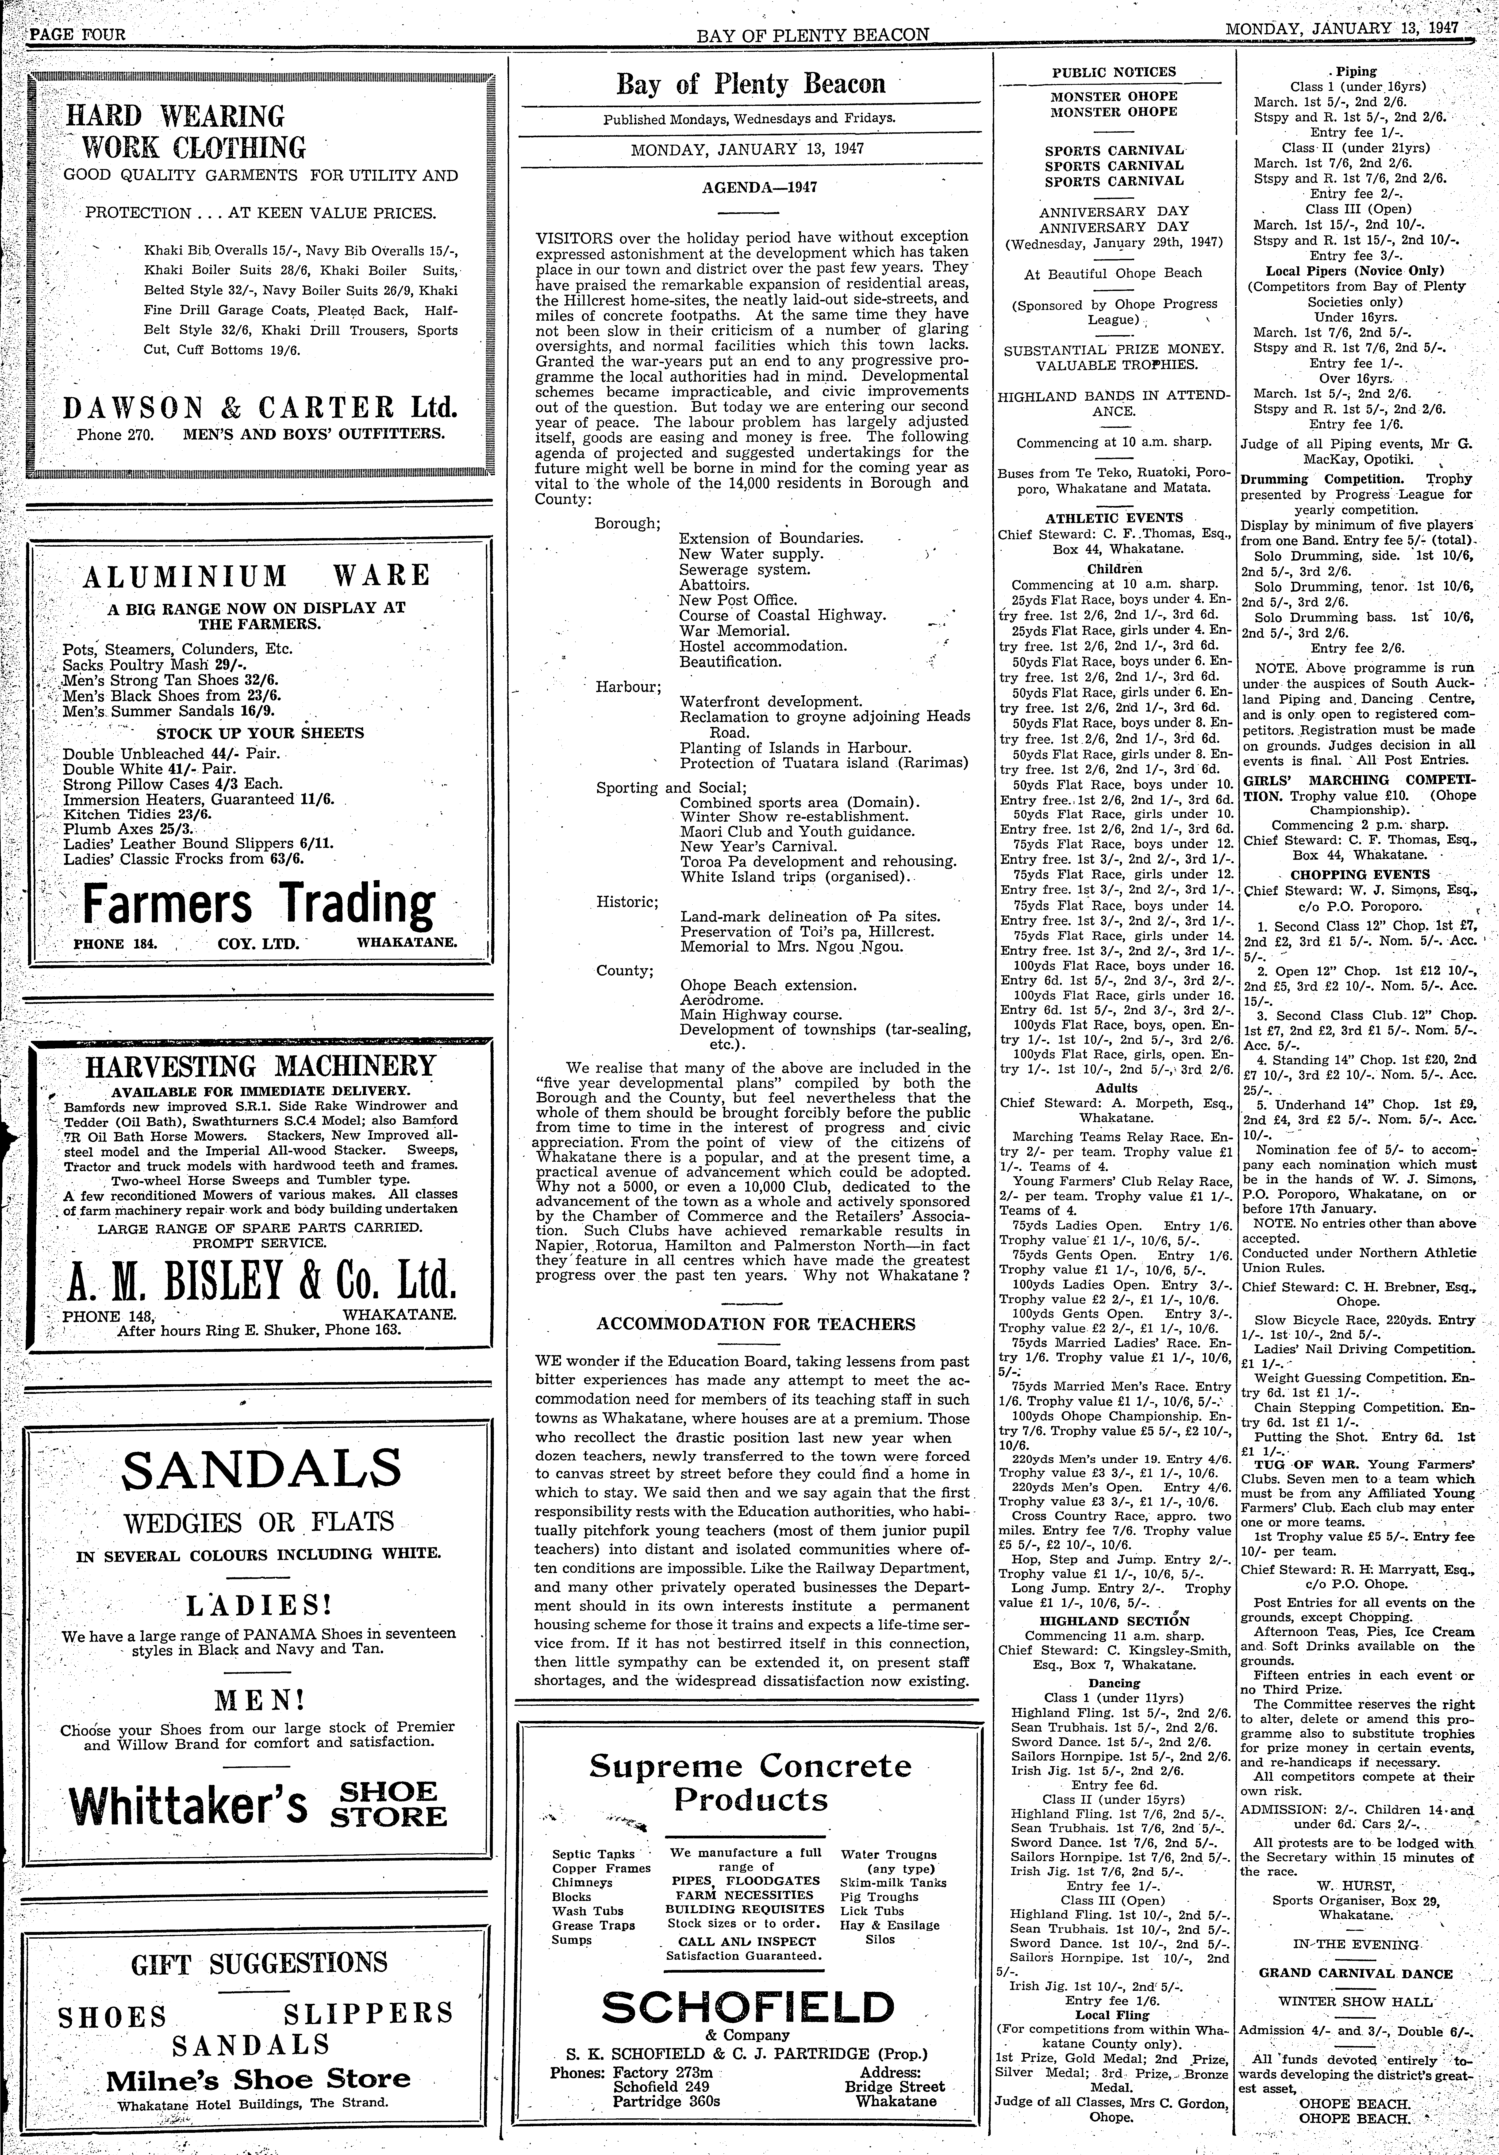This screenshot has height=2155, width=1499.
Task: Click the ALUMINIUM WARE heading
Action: [256, 575]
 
